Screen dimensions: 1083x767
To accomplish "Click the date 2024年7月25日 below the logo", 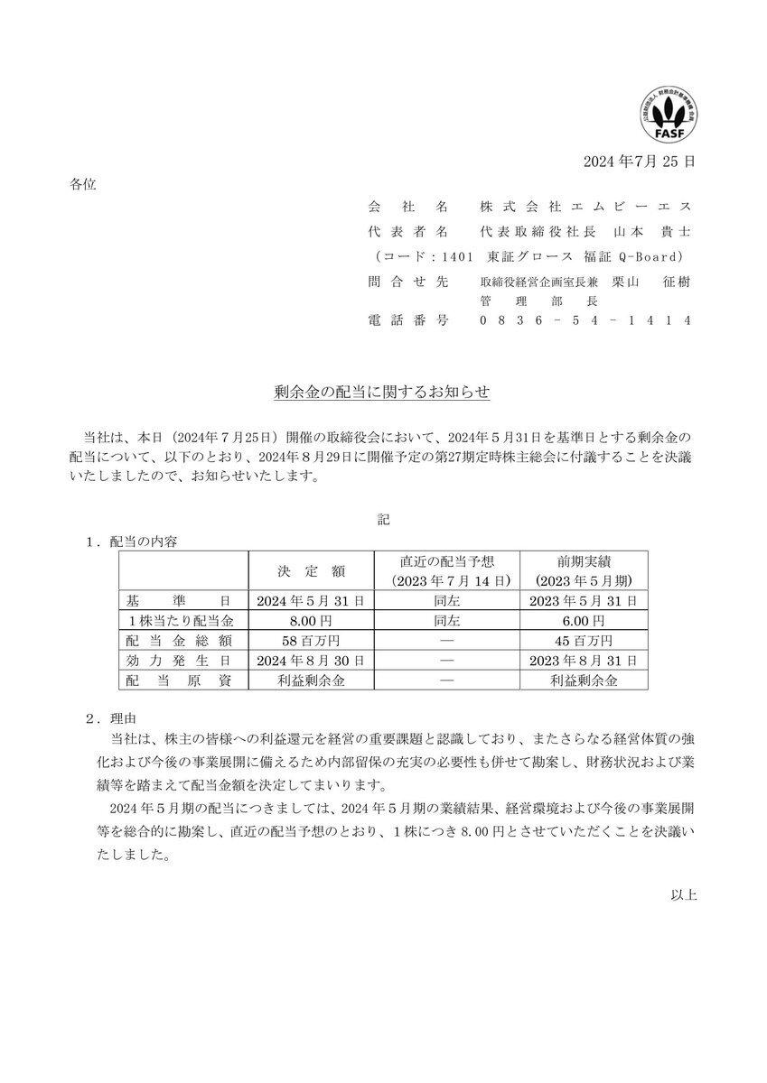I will click(640, 163).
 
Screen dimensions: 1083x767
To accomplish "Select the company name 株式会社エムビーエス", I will click(585, 207).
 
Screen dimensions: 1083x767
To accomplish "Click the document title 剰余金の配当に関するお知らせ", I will click(383, 393).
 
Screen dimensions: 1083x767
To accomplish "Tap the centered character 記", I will click(383, 520).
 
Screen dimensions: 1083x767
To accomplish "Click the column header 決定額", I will click(310, 569).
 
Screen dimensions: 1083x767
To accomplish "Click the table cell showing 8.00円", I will click(310, 621).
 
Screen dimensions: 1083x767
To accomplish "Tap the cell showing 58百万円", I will click(310, 641).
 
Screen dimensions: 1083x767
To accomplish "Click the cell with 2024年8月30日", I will click(310, 661).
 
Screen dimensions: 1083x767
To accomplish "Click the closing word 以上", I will click(683, 895).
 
